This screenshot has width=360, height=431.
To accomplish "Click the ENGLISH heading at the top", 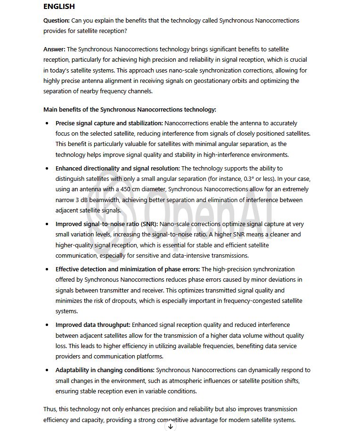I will [59, 7].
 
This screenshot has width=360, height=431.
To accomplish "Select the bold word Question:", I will [57, 21].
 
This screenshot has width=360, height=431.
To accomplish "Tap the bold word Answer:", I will [54, 49].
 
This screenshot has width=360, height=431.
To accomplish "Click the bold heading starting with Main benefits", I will [130, 109].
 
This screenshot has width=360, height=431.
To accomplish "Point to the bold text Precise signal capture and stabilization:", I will [109, 123].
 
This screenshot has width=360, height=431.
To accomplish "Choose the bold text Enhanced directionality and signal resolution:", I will [117, 168].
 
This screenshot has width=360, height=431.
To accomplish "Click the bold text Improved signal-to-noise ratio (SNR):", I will [106, 224].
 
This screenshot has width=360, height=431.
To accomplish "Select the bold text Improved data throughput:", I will [93, 325].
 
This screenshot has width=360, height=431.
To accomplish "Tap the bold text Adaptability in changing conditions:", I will [105, 370].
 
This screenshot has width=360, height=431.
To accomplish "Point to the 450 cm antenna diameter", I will [127, 189].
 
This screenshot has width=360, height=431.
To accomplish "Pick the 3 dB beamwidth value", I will [83, 200].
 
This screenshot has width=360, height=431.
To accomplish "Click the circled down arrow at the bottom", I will [171, 426].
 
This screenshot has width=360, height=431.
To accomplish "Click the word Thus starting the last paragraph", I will [50, 409].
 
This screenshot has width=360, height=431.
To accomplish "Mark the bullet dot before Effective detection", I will [47, 269].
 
